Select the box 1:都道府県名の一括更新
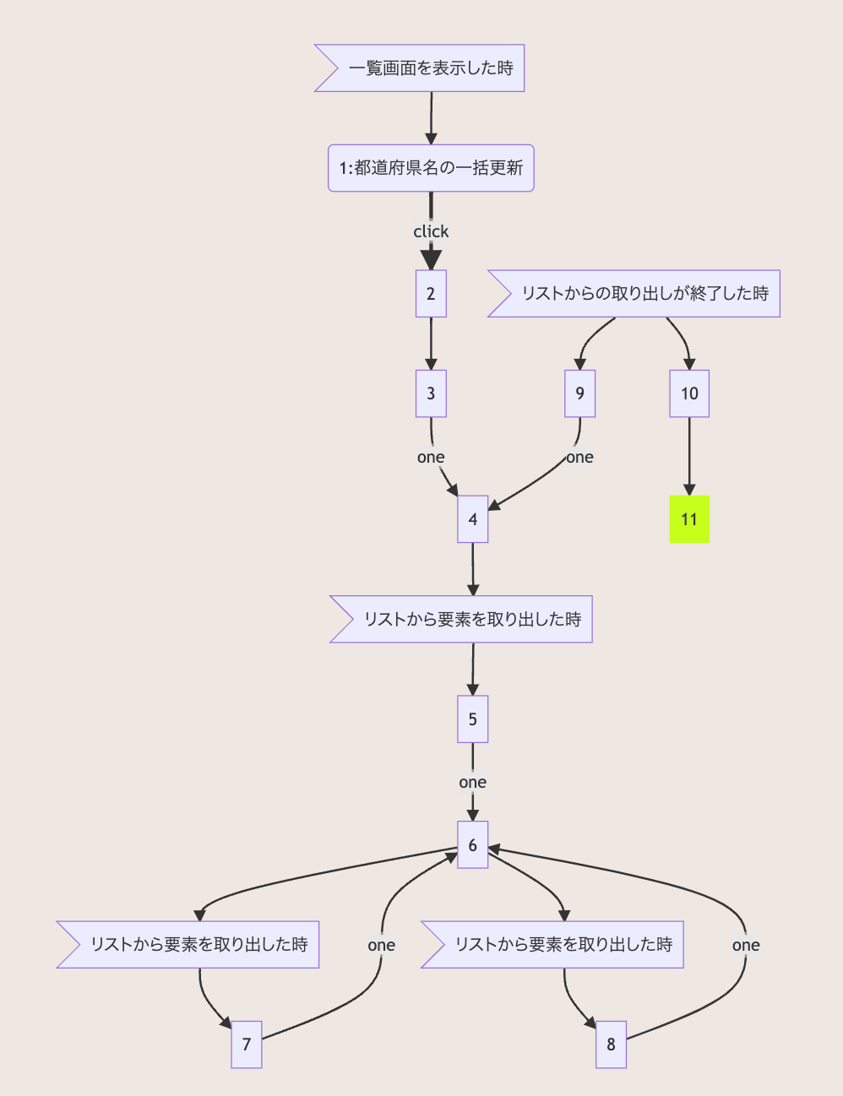coord(431,168)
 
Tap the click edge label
coord(431,231)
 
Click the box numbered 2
coord(431,294)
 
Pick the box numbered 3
coord(431,393)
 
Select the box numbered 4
coord(473,519)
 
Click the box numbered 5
coord(473,719)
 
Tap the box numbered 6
coord(473,845)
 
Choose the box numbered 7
coord(247,1044)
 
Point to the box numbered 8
coord(611,1044)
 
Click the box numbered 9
coord(579,393)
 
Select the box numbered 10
coord(689,393)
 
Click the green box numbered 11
coord(689,519)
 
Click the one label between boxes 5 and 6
coord(473,783)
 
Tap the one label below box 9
coord(579,458)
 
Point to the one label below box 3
coord(431,458)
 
